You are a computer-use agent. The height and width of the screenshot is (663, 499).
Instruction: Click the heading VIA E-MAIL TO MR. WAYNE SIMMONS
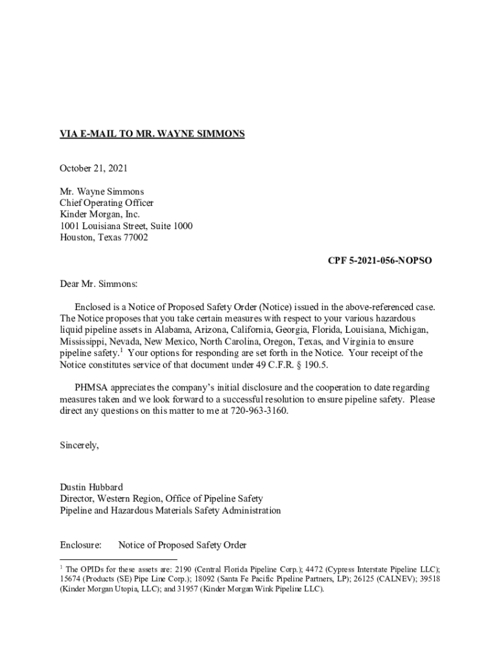pyautogui.click(x=152, y=134)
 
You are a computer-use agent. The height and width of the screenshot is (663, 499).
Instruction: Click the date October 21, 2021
pyautogui.click(x=94, y=168)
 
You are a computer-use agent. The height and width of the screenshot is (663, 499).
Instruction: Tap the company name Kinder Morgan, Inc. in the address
pyautogui.click(x=100, y=214)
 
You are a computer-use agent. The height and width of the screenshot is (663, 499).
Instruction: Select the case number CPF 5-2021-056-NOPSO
pyautogui.click(x=380, y=260)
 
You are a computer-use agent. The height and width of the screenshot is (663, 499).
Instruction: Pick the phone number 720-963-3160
pyautogui.click(x=259, y=411)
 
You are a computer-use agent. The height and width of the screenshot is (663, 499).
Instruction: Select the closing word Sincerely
pyautogui.click(x=79, y=445)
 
